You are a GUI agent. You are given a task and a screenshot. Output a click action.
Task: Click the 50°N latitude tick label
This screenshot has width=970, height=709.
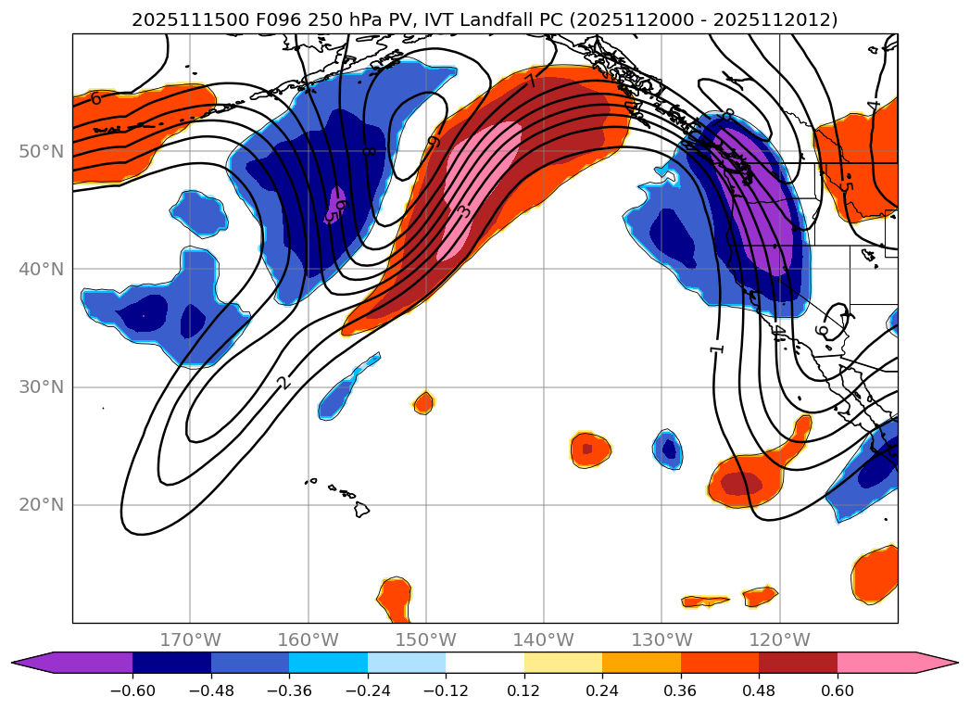[41, 151]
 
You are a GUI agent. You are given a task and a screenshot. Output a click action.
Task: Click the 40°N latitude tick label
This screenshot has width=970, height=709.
[41, 269]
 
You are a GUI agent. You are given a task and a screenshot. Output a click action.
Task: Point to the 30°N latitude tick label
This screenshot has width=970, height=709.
[41, 386]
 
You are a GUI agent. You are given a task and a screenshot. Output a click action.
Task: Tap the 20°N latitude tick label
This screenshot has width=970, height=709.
[41, 504]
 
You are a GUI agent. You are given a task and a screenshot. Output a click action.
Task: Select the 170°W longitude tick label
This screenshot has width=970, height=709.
[190, 639]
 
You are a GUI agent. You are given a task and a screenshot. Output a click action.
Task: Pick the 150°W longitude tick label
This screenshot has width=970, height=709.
[426, 639]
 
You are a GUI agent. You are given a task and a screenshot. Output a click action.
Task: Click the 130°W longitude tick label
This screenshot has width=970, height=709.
[661, 639]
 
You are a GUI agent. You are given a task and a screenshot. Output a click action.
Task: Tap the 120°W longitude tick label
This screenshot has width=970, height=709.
[779, 639]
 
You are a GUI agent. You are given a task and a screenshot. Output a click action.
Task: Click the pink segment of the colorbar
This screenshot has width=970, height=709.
[876, 663]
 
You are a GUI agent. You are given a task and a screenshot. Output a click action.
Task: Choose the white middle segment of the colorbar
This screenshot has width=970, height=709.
[485, 663]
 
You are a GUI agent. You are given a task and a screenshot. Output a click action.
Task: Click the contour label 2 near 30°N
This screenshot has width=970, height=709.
[283, 382]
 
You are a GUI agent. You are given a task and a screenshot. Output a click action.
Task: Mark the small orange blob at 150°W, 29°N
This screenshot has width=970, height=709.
[423, 402]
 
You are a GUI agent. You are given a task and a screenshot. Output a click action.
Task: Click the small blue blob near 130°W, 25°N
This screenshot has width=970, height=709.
[668, 449]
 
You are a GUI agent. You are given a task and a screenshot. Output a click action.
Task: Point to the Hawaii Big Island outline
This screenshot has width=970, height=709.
[361, 509]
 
